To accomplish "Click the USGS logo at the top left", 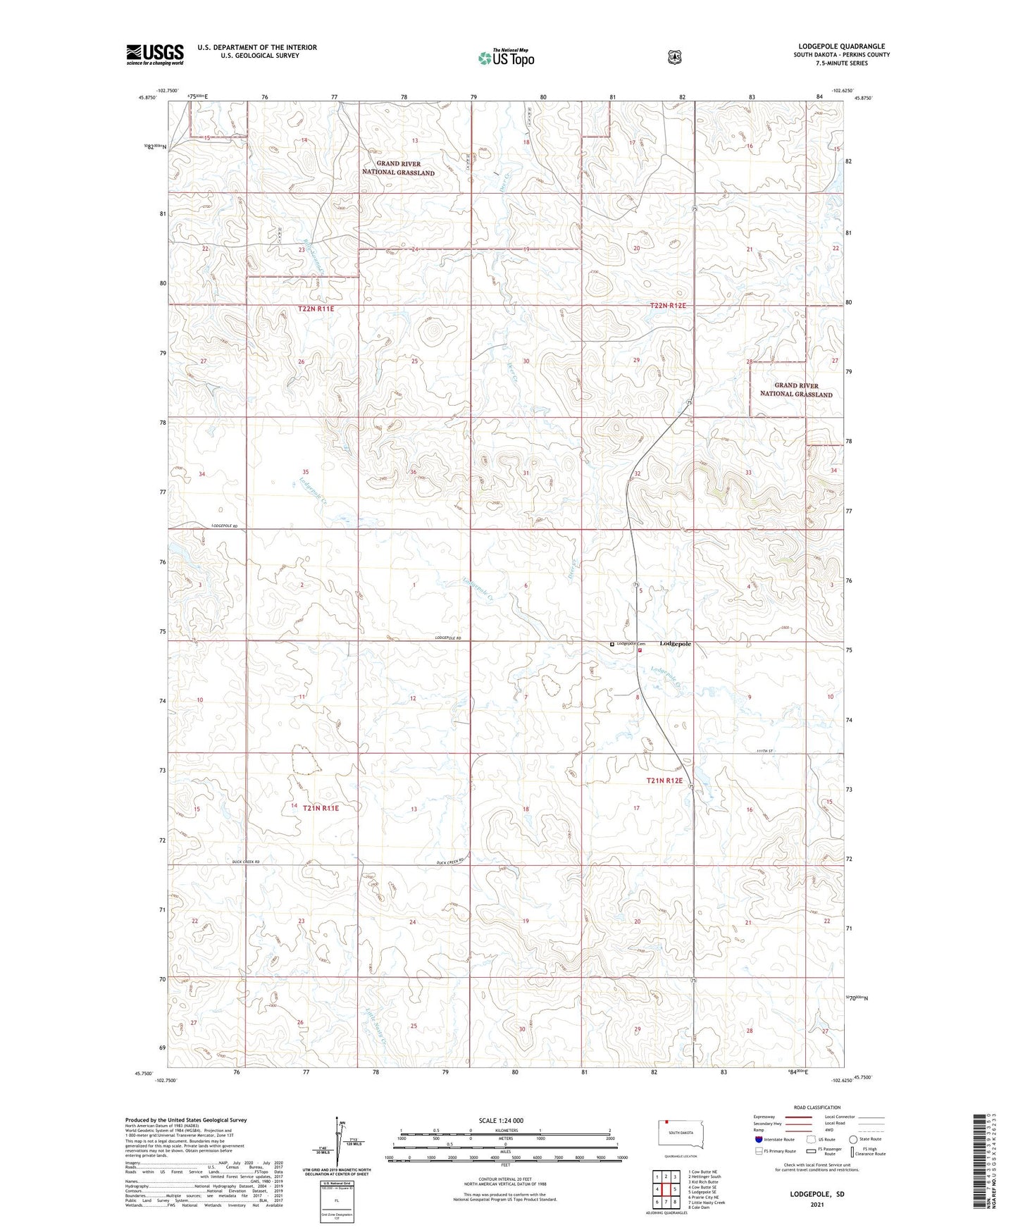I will (155, 54).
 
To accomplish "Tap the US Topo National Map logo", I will (506, 58).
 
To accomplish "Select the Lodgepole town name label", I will (675, 644).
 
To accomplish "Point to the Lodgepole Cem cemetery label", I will (629, 643).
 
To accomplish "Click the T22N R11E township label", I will (316, 309).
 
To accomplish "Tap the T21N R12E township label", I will (664, 781).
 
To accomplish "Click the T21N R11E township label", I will (321, 808).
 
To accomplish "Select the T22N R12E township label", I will (667, 306).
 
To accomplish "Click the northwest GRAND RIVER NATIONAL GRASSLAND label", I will (398, 168).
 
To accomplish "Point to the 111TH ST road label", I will (764, 751).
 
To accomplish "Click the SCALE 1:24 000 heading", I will (501, 1120).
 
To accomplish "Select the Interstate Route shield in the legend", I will (758, 1139).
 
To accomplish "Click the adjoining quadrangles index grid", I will (665, 1190).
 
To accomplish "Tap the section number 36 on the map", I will (414, 472).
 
